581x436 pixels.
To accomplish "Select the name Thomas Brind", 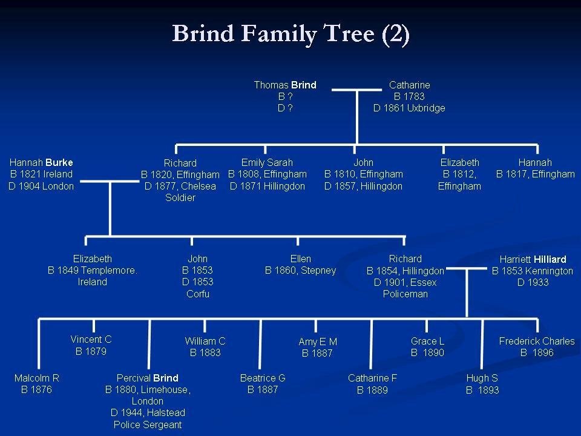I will [284, 85].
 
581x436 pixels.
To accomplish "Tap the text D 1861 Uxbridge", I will [409, 108].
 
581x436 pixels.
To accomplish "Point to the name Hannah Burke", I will [41, 162].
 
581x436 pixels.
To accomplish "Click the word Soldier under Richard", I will [180, 197].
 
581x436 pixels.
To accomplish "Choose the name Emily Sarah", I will [267, 162].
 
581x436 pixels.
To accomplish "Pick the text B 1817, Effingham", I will [535, 174].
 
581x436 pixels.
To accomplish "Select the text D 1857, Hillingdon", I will [363, 186].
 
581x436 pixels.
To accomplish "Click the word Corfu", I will [197, 294].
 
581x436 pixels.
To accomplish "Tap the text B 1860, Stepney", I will [300, 270].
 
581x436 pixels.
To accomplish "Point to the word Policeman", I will [405, 294].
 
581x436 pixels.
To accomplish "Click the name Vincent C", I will [91, 340].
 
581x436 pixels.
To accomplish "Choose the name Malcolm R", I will [36, 378].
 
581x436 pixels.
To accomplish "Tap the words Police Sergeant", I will [148, 424].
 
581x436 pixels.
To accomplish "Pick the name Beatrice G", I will [263, 378].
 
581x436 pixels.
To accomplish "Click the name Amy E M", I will [318, 342].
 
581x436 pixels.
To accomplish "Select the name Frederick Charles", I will [536, 341].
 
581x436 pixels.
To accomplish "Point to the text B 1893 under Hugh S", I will [482, 390].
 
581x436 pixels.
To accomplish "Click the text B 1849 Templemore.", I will [92, 270].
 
